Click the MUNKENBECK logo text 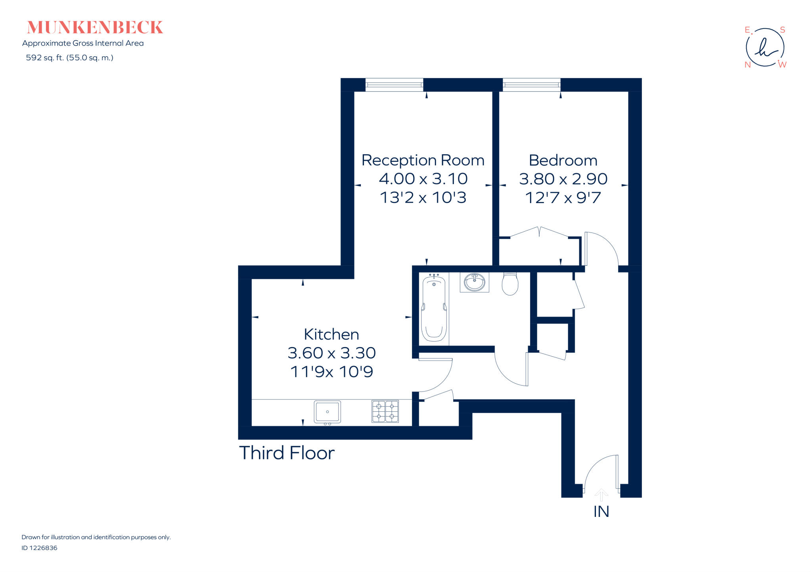pyautogui.click(x=95, y=27)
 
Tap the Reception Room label pyautogui.click(x=423, y=160)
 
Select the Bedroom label pyautogui.click(x=563, y=160)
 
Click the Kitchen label pyautogui.click(x=331, y=334)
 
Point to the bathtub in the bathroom pyautogui.click(x=434, y=309)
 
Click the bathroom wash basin pyautogui.click(x=474, y=282)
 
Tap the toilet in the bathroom pyautogui.click(x=510, y=284)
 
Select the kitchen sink pyautogui.click(x=327, y=412)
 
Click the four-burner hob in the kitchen pyautogui.click(x=385, y=411)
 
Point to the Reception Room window pyautogui.click(x=394, y=84)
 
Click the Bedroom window pyautogui.click(x=531, y=84)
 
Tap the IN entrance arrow pyautogui.click(x=601, y=495)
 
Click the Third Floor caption pyautogui.click(x=287, y=453)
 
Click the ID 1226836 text pyautogui.click(x=39, y=548)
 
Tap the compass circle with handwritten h pyautogui.click(x=765, y=48)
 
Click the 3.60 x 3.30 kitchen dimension pyautogui.click(x=331, y=353)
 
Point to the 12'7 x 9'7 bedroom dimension pyautogui.click(x=563, y=198)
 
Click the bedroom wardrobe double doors pyautogui.click(x=539, y=233)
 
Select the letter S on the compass pyautogui.click(x=782, y=30)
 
